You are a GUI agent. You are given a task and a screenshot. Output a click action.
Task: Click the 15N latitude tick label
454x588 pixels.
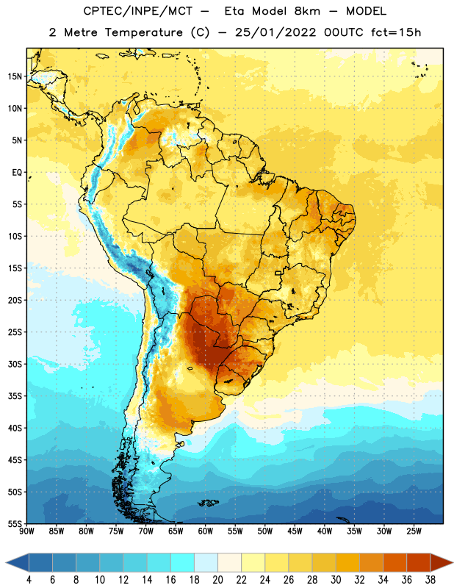(15, 76)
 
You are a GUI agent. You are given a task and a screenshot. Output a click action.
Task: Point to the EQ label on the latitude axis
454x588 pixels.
(17, 173)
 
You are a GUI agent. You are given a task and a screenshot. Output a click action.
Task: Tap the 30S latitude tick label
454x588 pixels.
(15, 364)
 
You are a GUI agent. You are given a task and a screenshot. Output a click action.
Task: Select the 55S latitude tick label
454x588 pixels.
(15, 523)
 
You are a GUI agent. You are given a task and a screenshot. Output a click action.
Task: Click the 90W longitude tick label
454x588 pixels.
(26, 531)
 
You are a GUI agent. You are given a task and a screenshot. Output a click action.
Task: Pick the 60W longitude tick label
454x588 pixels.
(206, 531)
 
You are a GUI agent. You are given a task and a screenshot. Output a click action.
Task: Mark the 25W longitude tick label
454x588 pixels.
(414, 531)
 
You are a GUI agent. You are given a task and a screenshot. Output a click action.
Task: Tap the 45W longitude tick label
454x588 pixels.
(295, 531)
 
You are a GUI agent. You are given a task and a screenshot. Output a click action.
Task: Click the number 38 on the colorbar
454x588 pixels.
(430, 580)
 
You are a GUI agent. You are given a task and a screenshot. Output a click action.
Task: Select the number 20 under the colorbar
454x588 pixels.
(217, 580)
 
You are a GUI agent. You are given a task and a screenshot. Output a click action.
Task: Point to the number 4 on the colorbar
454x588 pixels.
(29, 580)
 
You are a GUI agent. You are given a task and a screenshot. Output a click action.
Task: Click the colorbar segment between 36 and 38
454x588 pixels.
(419, 563)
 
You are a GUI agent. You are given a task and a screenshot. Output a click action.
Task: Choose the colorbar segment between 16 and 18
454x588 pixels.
(183, 563)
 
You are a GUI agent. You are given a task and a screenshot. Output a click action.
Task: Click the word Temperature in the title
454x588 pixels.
(143, 32)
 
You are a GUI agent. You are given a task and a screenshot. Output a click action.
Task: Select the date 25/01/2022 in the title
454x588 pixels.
(275, 32)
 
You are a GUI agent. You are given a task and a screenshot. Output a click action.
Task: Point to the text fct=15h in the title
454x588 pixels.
(396, 32)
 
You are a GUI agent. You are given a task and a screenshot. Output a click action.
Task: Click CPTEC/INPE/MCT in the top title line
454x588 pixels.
(137, 11)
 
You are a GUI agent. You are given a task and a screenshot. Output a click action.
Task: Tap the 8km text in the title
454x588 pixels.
(307, 11)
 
